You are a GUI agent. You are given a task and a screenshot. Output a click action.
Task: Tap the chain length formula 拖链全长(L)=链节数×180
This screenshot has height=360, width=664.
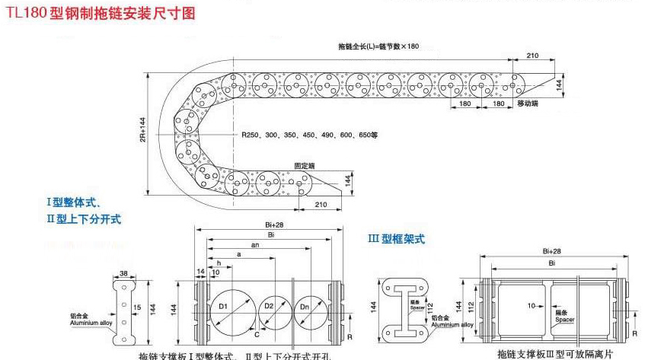[x=378, y=46]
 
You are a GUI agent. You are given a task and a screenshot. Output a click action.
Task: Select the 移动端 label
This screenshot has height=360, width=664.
[x=527, y=103]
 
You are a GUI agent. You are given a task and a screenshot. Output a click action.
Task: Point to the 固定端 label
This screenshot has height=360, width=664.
[x=305, y=164]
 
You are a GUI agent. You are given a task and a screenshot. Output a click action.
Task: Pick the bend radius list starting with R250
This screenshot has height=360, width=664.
[x=309, y=135]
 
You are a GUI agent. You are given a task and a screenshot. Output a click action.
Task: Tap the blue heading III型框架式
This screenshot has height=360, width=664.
[x=396, y=239]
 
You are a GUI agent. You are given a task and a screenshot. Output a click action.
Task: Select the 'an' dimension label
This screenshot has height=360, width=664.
[x=255, y=245]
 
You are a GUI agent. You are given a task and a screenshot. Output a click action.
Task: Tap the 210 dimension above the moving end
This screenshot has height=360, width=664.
[x=532, y=56]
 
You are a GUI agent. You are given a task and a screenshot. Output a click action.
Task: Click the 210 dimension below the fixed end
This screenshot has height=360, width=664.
[x=320, y=203]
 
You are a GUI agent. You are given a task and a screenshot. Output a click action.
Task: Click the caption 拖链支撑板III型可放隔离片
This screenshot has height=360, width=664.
[x=554, y=354]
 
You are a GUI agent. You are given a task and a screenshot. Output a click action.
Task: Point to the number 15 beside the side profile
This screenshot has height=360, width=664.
[x=138, y=307]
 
